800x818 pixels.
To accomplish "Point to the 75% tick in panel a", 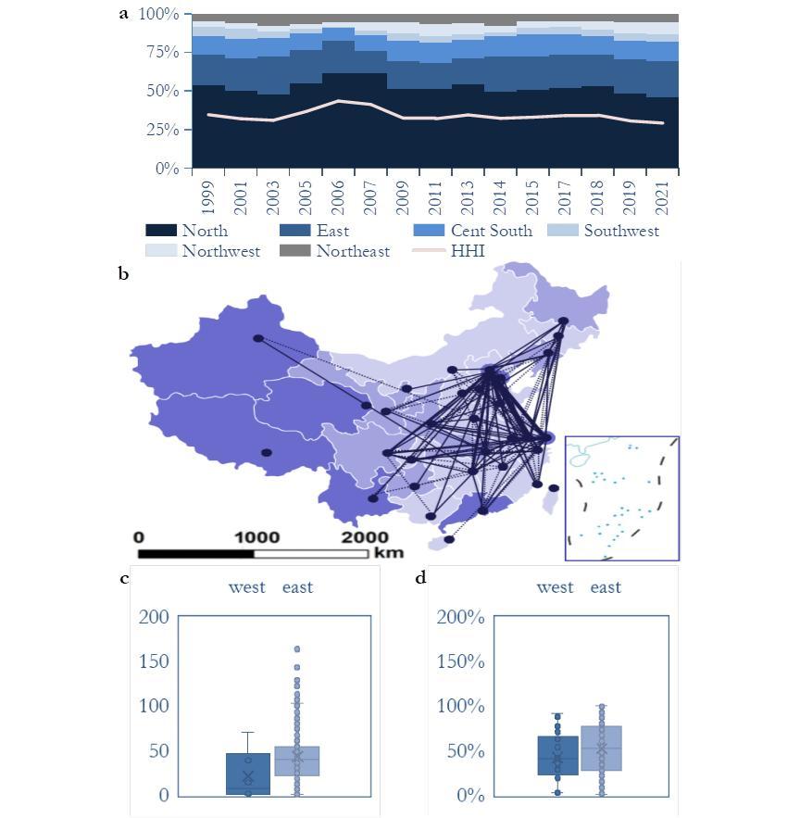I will (x=158, y=53).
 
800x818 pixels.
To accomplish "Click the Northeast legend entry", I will (x=352, y=251).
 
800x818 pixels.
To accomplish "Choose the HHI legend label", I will (x=467, y=251).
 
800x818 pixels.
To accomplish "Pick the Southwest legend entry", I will (x=620, y=231).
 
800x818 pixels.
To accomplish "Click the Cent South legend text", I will (x=491, y=231).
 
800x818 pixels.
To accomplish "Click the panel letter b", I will (x=123, y=273).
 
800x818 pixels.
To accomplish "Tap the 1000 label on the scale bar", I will (x=256, y=537).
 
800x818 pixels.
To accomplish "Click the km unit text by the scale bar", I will (x=389, y=553).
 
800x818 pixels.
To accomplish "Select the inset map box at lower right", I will (x=621, y=498).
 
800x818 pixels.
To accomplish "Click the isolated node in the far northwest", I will (x=258, y=338).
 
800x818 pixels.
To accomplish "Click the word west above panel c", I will (x=247, y=587).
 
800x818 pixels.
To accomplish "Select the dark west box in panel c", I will (x=248, y=774).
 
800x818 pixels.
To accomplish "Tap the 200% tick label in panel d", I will (x=460, y=617).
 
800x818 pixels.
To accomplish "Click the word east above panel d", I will (x=606, y=587).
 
